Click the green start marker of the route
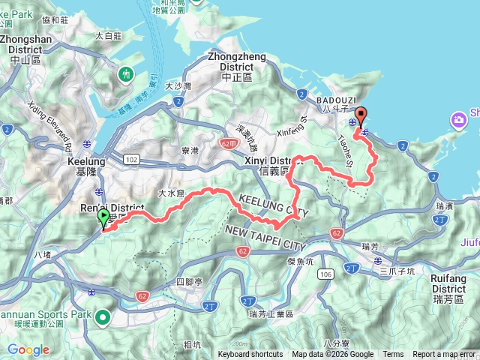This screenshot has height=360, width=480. coord(103,219)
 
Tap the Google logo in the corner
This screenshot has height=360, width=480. coord(28,349)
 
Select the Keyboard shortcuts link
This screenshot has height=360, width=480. coord(250,355)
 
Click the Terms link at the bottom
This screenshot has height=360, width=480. coord(393,355)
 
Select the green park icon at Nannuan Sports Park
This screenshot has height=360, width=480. coord(103,317)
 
